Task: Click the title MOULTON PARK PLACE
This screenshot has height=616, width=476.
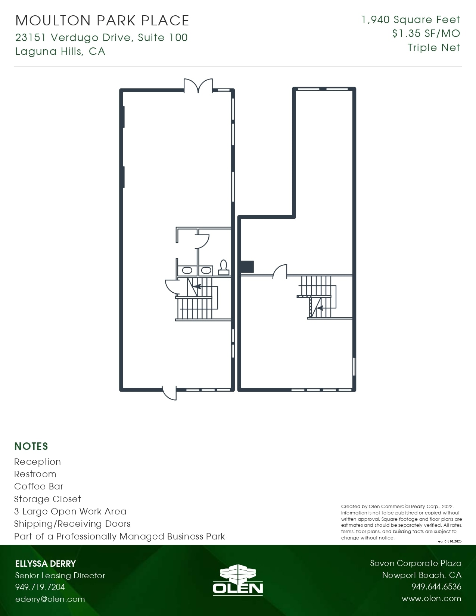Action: (102, 21)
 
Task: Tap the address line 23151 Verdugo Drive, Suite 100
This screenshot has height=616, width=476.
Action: (102, 37)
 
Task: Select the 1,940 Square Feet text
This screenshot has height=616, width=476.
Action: (411, 19)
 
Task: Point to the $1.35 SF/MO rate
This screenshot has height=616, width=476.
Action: (426, 34)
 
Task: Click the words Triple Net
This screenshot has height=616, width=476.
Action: (434, 48)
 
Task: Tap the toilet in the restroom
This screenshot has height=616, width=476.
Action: (224, 267)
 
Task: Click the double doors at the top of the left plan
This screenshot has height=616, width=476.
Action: (198, 85)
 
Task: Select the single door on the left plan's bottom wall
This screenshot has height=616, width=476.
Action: (169, 393)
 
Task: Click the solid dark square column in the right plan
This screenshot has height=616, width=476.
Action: (247, 267)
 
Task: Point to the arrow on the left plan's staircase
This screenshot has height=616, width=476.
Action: (197, 286)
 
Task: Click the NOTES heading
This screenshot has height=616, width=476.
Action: (31, 447)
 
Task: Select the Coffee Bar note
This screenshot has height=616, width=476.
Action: (38, 486)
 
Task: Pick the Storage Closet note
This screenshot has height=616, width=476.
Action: (48, 499)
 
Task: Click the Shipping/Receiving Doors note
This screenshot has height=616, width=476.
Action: (72, 524)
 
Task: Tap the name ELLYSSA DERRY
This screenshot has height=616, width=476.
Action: (46, 564)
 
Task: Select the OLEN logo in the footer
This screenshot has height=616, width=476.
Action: (238, 579)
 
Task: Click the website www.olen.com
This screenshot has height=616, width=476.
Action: (432, 598)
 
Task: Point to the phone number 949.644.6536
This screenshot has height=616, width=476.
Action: (436, 587)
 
